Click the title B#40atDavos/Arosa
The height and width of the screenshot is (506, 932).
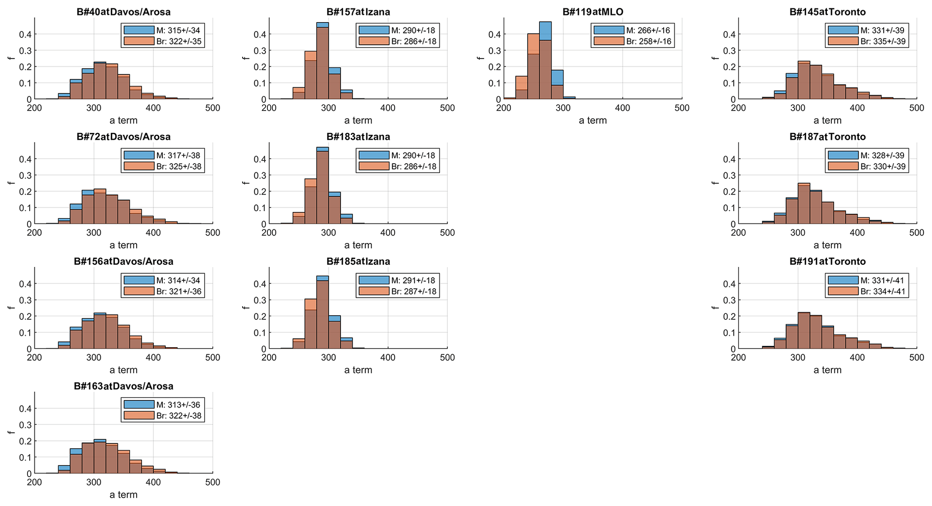pyautogui.click(x=124, y=12)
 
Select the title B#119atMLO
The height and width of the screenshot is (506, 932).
pyautogui.click(x=592, y=12)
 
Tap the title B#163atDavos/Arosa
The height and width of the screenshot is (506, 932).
pyautogui.click(x=124, y=386)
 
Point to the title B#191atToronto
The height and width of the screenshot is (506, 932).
pyautogui.click(x=827, y=262)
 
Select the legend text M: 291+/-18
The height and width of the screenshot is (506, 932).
pyautogui.click(x=413, y=281)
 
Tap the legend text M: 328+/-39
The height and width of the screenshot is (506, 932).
pyautogui.click(x=882, y=156)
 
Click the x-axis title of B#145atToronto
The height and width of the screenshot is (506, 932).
pyautogui.click(x=827, y=120)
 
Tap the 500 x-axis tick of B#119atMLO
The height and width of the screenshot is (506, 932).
pyautogui.click(x=682, y=108)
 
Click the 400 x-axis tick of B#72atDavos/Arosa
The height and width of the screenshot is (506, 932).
pyautogui.click(x=153, y=233)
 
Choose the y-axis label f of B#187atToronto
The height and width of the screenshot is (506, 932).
pyautogui.click(x=714, y=183)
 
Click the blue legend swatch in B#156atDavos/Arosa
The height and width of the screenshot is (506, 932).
pyautogui.click(x=139, y=280)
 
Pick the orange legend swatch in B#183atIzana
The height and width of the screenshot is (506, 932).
pyautogui.click(x=374, y=166)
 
